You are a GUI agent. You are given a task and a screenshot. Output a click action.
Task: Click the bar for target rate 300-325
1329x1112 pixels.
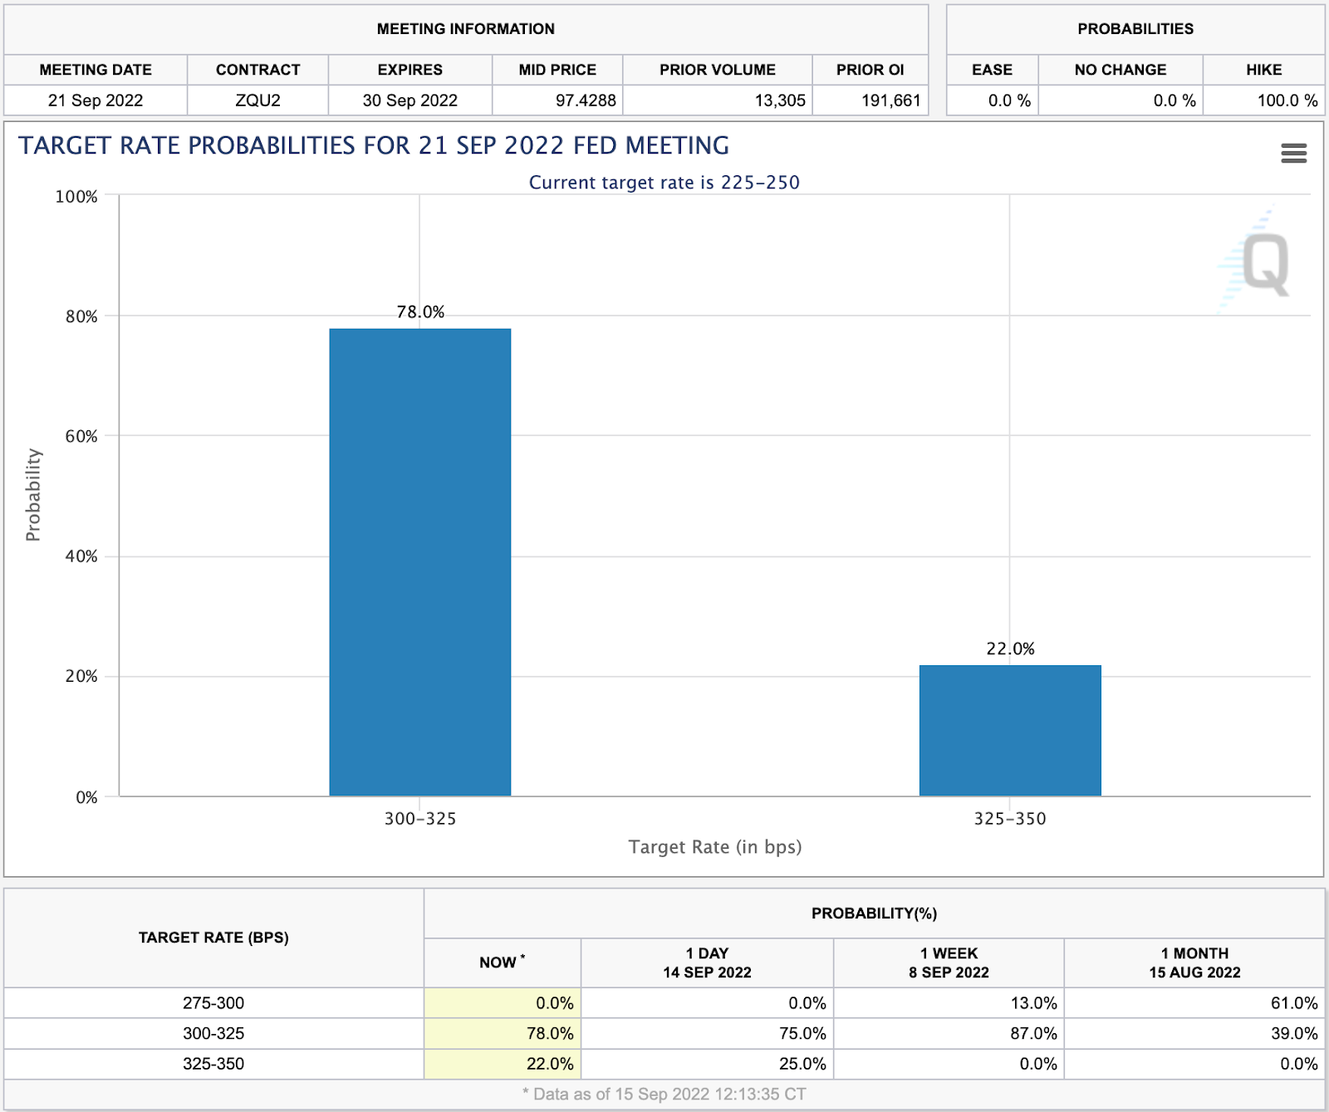coord(419,562)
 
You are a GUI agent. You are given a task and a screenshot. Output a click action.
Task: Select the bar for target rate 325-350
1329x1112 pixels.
coord(1010,731)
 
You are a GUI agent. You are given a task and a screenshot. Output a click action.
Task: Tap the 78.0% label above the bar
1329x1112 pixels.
coord(420,312)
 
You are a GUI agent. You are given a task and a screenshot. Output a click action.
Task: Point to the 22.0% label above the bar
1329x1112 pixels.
coord(1010,649)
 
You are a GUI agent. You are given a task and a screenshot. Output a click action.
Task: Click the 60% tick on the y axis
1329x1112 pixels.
coord(81,436)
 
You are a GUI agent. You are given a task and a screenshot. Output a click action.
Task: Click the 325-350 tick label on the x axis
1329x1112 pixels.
coord(1010,819)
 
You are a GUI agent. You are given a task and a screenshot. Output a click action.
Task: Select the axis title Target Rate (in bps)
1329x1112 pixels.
coord(714,847)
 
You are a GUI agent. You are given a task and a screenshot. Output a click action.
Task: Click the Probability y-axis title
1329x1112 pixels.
coord(33,495)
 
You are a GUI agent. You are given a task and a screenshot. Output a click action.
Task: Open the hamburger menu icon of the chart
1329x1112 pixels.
coord(1293,153)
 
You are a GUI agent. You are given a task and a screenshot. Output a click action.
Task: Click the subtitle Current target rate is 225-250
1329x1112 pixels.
coord(664,183)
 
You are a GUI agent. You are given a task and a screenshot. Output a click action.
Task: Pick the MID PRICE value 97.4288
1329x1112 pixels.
coord(586,100)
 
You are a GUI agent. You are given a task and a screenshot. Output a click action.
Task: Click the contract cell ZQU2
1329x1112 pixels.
coord(257,100)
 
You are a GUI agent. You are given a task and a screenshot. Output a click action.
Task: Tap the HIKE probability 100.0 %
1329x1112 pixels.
coord(1287,100)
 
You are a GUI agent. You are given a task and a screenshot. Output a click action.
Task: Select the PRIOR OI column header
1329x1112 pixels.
coord(870,70)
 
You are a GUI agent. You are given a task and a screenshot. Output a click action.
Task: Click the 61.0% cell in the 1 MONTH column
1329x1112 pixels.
coord(1293,1003)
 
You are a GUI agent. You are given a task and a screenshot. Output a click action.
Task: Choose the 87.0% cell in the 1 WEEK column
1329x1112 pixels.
coord(1033,1034)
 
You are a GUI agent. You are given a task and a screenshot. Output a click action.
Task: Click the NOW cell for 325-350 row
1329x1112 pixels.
coord(549,1064)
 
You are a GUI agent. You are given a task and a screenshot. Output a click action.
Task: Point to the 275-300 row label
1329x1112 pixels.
coord(213,1003)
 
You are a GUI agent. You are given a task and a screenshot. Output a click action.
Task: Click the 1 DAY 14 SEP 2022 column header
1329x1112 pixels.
coord(707,963)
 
